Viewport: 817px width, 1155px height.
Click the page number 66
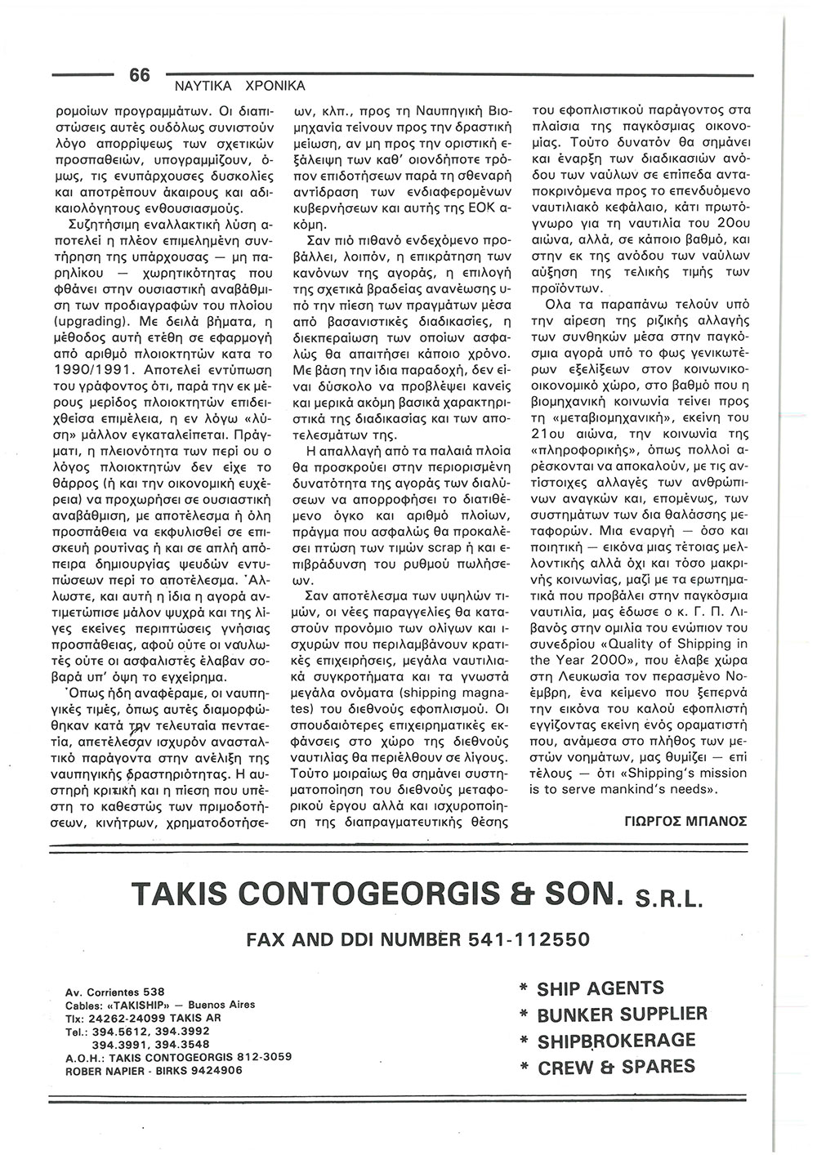(x=140, y=74)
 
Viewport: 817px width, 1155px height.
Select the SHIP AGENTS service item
(x=600, y=988)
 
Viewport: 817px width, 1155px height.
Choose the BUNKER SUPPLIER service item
(x=622, y=1015)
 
